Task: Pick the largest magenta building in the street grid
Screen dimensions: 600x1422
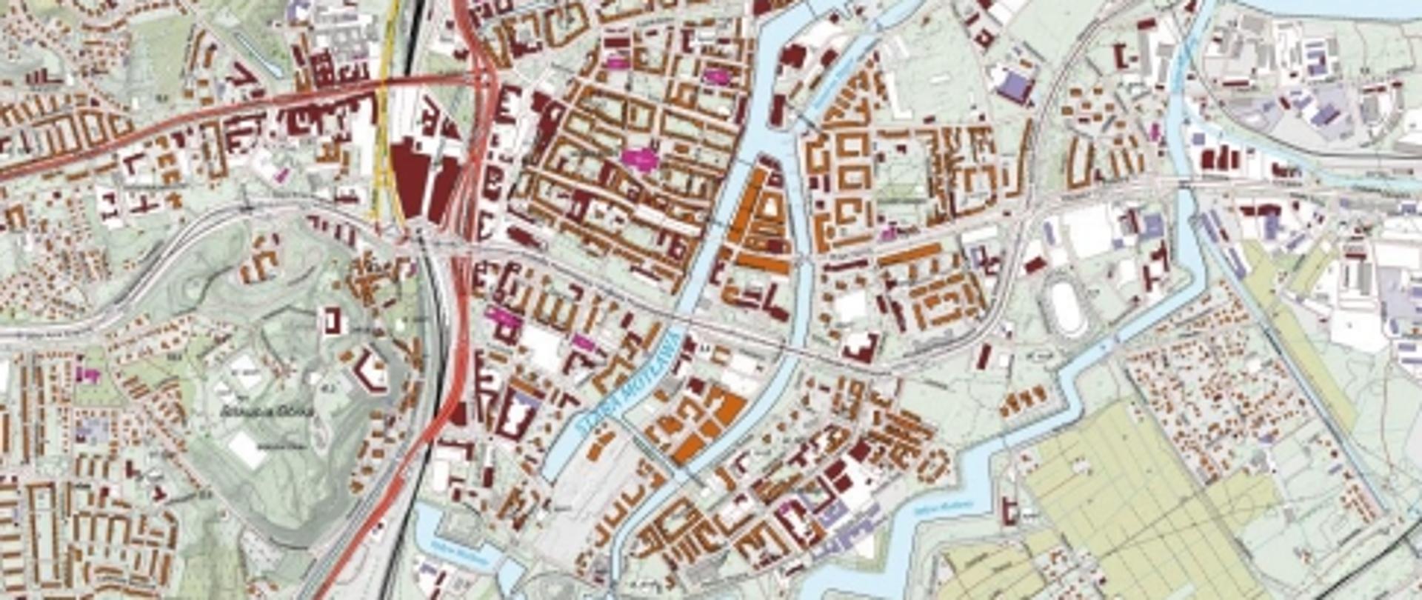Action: (639, 157)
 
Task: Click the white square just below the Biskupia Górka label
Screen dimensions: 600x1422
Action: (246, 449)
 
